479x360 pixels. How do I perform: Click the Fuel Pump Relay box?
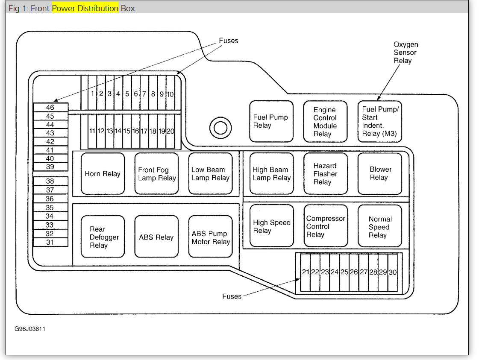(x=271, y=121)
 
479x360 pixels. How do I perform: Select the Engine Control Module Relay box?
(x=325, y=122)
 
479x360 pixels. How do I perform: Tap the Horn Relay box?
(x=103, y=174)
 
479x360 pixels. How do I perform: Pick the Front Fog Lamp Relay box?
(x=156, y=174)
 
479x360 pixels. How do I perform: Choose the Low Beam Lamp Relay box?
(x=210, y=174)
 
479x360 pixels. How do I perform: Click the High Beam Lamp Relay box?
(x=271, y=174)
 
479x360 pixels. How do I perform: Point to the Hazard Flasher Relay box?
(x=325, y=174)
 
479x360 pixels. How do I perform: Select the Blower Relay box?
(x=379, y=174)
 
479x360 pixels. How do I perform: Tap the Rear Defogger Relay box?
(x=103, y=237)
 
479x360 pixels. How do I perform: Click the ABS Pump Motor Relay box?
(x=210, y=237)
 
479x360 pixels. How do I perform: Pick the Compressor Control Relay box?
(x=325, y=226)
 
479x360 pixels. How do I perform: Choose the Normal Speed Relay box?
(x=379, y=226)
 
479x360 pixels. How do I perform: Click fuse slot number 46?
(x=50, y=108)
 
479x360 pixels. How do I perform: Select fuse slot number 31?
(x=50, y=242)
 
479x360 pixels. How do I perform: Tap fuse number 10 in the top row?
(x=170, y=94)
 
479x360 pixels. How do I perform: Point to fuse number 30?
(x=392, y=272)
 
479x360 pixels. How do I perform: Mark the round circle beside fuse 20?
(x=220, y=127)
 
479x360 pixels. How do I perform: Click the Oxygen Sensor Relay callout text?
(x=406, y=53)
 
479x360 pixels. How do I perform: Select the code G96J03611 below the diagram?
(x=30, y=329)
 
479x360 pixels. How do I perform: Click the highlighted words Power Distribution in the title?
(x=85, y=8)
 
